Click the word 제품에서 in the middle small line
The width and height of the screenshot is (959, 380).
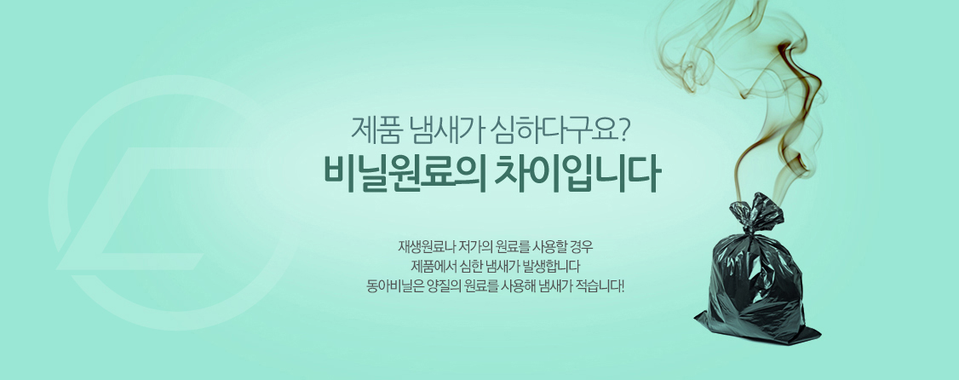[433, 267]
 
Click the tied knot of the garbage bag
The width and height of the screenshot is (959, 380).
[755, 214]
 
